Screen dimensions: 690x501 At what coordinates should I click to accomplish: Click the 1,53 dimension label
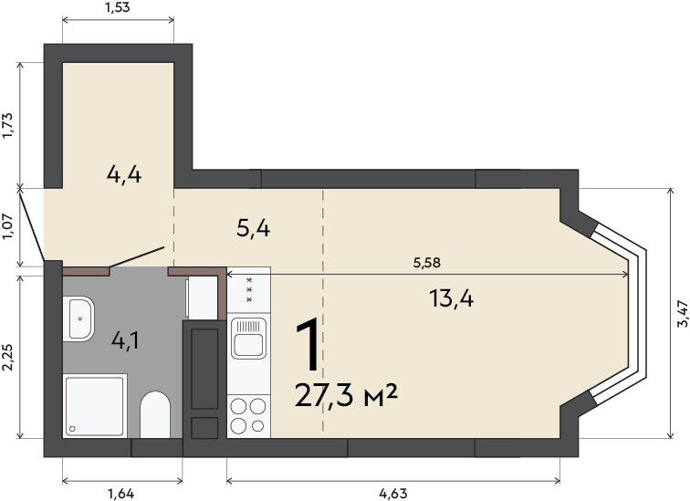point(118,7)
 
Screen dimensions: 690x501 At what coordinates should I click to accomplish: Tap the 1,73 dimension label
point(10,125)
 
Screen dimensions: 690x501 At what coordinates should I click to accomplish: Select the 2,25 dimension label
point(10,357)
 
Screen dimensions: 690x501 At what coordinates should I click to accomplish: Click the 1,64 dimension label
point(121,494)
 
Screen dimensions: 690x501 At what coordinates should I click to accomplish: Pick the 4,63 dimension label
point(393,494)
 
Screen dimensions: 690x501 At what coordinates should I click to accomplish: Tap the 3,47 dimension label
point(683,313)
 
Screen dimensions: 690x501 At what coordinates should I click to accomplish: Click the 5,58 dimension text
point(427,263)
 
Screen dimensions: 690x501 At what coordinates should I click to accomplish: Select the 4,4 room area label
point(124,174)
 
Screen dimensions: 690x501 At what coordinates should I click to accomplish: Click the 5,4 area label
point(254,229)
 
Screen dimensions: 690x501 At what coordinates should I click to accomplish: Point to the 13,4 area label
point(452,299)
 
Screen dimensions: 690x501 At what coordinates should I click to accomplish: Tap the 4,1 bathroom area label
point(125,340)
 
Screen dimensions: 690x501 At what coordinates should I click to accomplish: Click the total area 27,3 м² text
point(346,395)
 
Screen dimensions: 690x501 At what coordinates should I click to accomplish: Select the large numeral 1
point(308,346)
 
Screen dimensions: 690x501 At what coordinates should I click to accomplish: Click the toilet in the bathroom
point(155,414)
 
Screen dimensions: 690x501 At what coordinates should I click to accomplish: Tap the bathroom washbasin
point(78,318)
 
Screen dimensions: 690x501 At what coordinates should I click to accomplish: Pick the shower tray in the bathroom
point(95,405)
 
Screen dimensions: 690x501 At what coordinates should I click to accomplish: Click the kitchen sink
point(248,338)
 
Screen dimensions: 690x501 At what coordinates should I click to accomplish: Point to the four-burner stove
point(248,416)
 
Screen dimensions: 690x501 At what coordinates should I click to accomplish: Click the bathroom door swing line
point(136,257)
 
